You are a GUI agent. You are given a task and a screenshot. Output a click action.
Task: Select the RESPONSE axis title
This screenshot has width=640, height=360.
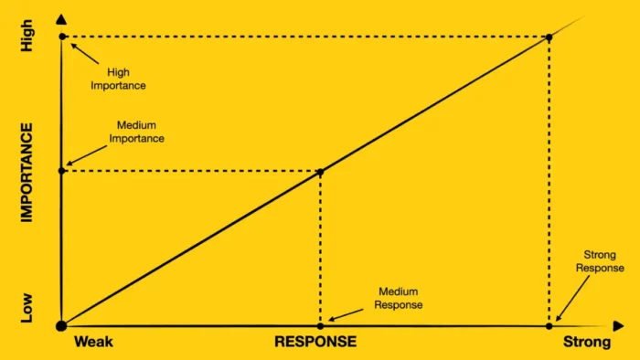pos(315,343)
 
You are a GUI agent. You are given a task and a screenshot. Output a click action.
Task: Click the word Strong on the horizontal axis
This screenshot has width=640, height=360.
pos(586,343)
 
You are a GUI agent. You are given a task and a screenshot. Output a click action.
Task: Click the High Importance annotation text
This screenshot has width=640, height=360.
pos(126,79)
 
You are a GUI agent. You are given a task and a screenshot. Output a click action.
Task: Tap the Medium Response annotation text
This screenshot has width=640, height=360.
pos(399,299)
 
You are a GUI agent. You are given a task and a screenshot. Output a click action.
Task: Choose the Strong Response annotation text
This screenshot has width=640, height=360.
pos(600,261)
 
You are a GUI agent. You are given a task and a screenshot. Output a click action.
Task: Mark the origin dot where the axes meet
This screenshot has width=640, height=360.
pos(61,325)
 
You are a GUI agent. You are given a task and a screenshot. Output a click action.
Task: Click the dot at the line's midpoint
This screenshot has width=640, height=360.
pos(320,171)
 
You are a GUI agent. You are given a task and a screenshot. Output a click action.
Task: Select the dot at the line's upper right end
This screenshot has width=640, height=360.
pos(549,37)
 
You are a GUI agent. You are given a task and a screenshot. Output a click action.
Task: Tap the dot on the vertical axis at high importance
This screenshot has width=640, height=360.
pos(61,37)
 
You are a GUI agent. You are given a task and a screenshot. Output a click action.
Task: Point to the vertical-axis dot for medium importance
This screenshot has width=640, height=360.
pos(61,171)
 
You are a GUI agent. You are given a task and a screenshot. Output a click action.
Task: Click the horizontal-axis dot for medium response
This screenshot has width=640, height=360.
pos(320,325)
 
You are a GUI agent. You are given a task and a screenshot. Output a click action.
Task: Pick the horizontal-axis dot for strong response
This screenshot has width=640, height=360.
pos(549,325)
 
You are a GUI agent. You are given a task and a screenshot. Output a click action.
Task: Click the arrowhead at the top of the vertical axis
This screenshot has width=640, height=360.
pos(61,19)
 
